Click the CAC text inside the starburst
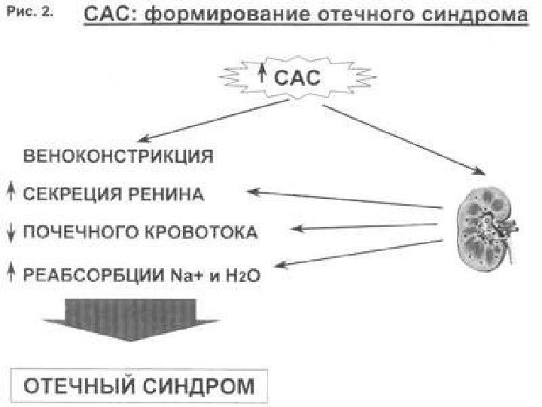(x=295, y=75)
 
